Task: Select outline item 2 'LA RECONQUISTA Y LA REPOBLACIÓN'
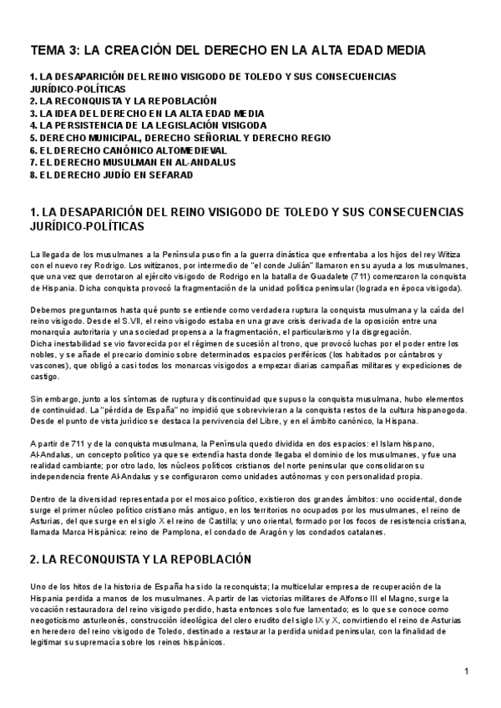tap(123, 100)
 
